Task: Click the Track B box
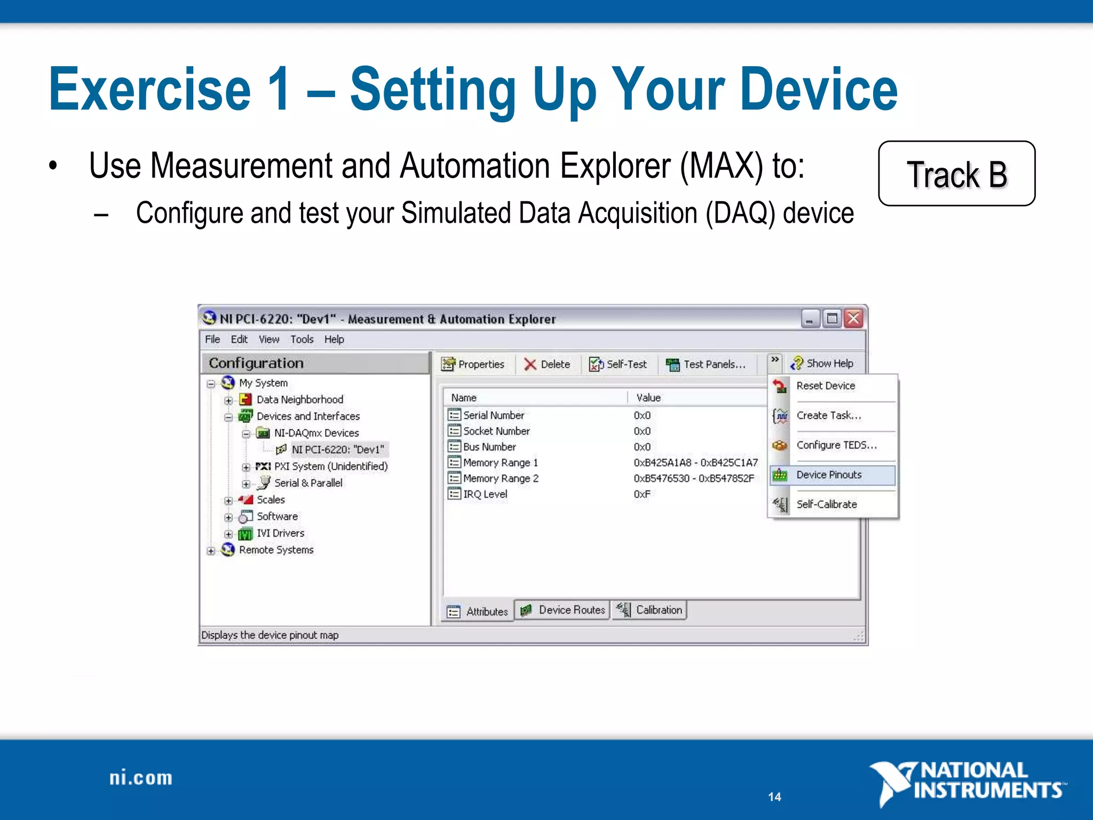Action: click(956, 174)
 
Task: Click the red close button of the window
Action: click(854, 319)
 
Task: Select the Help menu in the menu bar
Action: click(334, 340)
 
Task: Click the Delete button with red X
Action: click(547, 364)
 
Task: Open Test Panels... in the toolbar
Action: click(706, 364)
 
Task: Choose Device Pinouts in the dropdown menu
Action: click(829, 475)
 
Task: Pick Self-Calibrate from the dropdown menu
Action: click(827, 504)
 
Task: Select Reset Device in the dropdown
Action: click(826, 385)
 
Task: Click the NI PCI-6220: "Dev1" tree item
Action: click(337, 450)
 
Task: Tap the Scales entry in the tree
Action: click(271, 500)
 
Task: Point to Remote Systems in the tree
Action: click(276, 550)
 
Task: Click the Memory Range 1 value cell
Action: click(695, 462)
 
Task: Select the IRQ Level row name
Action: click(485, 494)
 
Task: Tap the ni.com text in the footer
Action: click(141, 778)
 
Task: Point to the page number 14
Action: click(774, 797)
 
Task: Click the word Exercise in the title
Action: click(150, 89)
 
